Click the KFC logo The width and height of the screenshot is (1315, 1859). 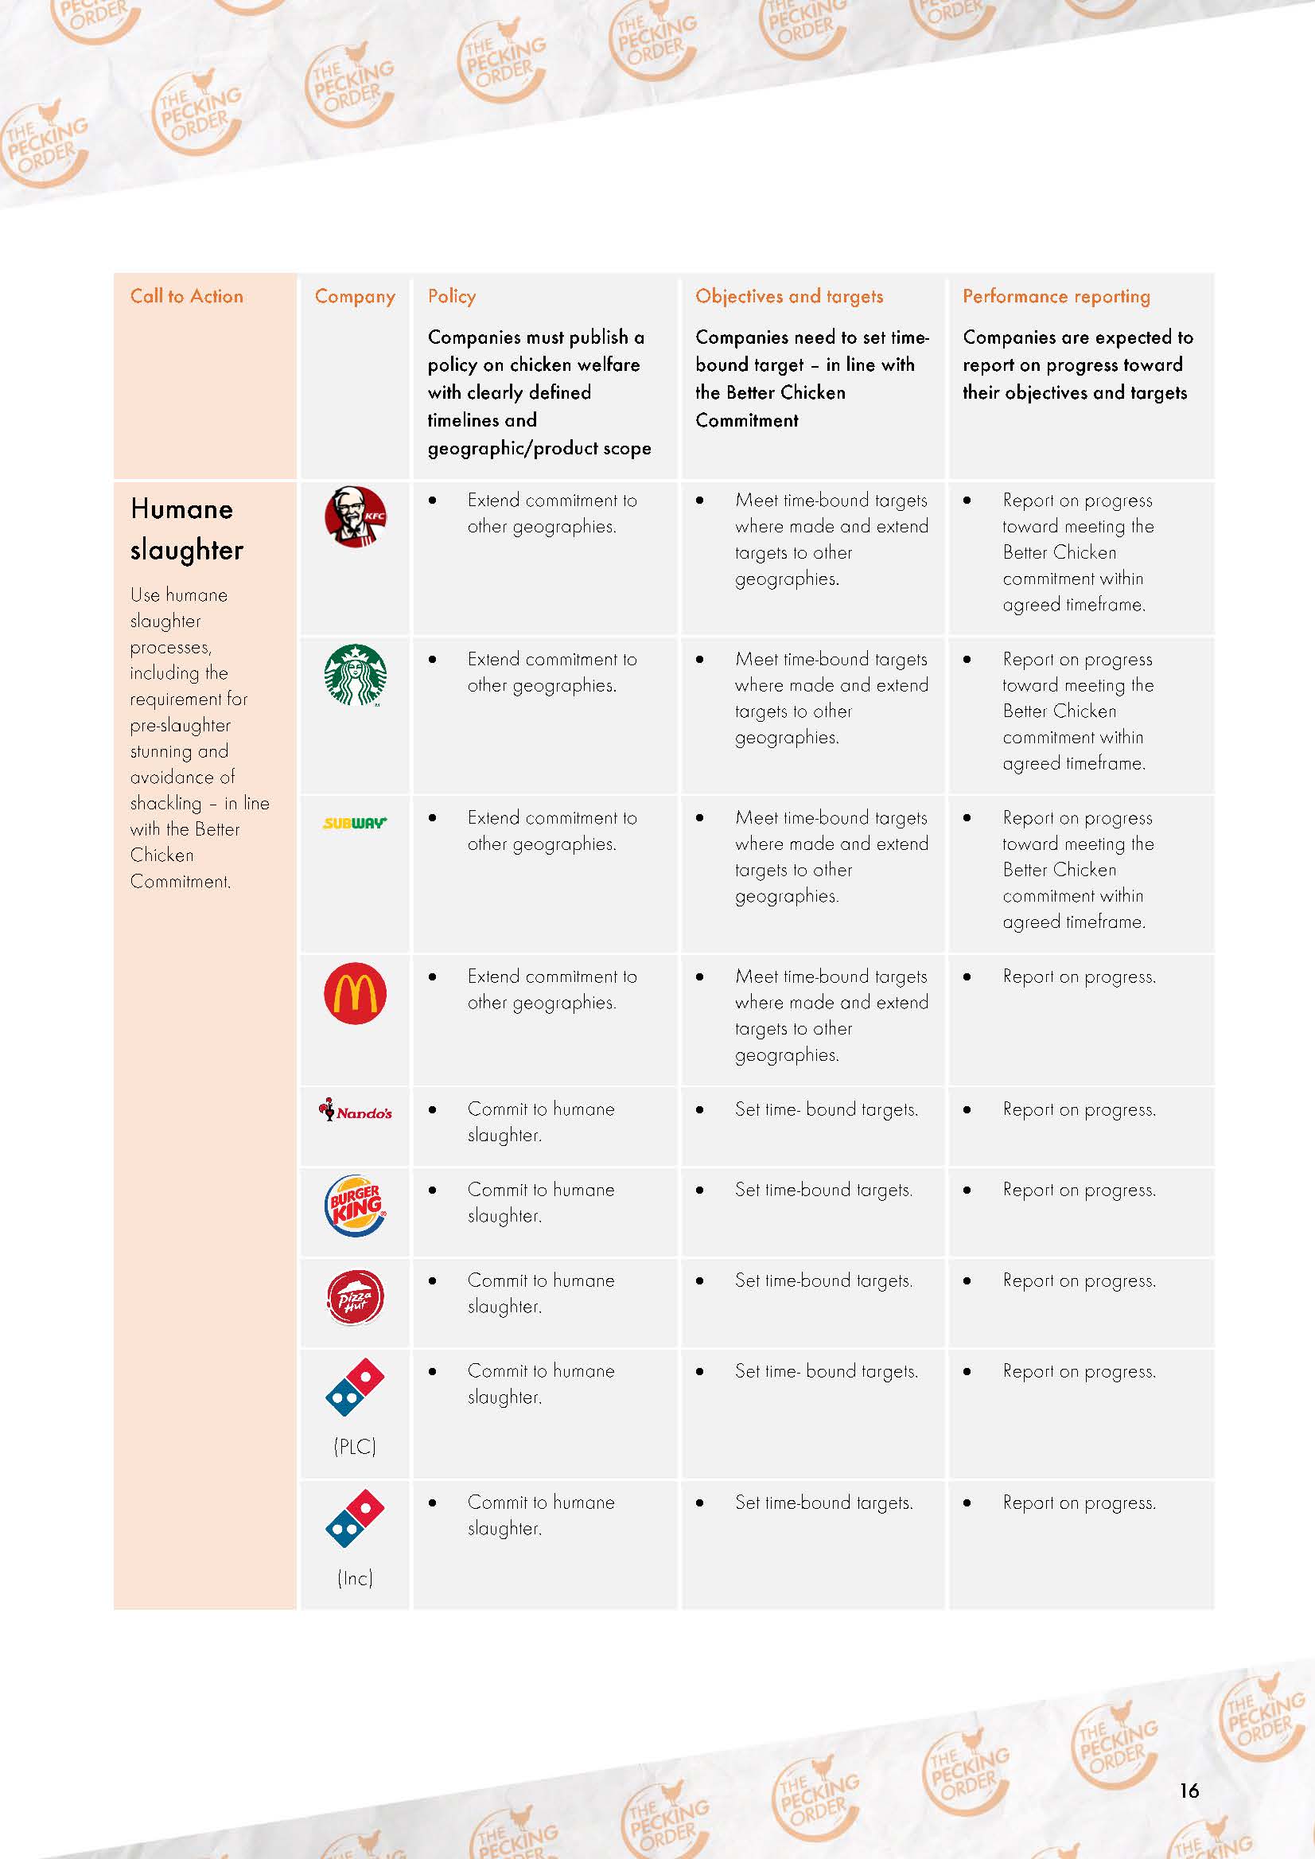pyautogui.click(x=356, y=517)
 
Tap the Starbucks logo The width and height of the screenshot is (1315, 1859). pyautogui.click(x=356, y=676)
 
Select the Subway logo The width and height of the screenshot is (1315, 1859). pyautogui.click(x=355, y=823)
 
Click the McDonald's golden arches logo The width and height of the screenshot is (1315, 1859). pyautogui.click(x=356, y=993)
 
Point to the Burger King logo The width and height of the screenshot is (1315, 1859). pyautogui.click(x=356, y=1206)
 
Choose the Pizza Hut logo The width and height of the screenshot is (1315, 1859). pyautogui.click(x=356, y=1297)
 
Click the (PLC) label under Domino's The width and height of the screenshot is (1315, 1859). pyautogui.click(x=355, y=1446)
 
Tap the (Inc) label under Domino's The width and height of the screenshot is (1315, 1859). pyautogui.click(x=355, y=1577)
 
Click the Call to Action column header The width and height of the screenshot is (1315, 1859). pyautogui.click(x=187, y=297)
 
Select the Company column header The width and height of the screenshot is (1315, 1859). pyautogui.click(x=355, y=297)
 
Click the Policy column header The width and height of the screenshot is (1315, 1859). pyautogui.click(x=452, y=297)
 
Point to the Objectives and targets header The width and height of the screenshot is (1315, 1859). pyautogui.click(x=788, y=297)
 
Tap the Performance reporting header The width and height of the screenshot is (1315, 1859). pyautogui.click(x=1056, y=297)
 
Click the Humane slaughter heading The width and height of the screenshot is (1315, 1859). pyautogui.click(x=186, y=529)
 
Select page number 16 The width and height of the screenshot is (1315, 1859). pyautogui.click(x=1189, y=1790)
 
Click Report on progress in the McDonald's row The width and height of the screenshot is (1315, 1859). pyautogui.click(x=1079, y=977)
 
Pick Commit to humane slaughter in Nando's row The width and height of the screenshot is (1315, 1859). pyautogui.click(x=540, y=1122)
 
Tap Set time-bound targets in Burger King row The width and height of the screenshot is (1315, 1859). pyautogui.click(x=823, y=1190)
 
